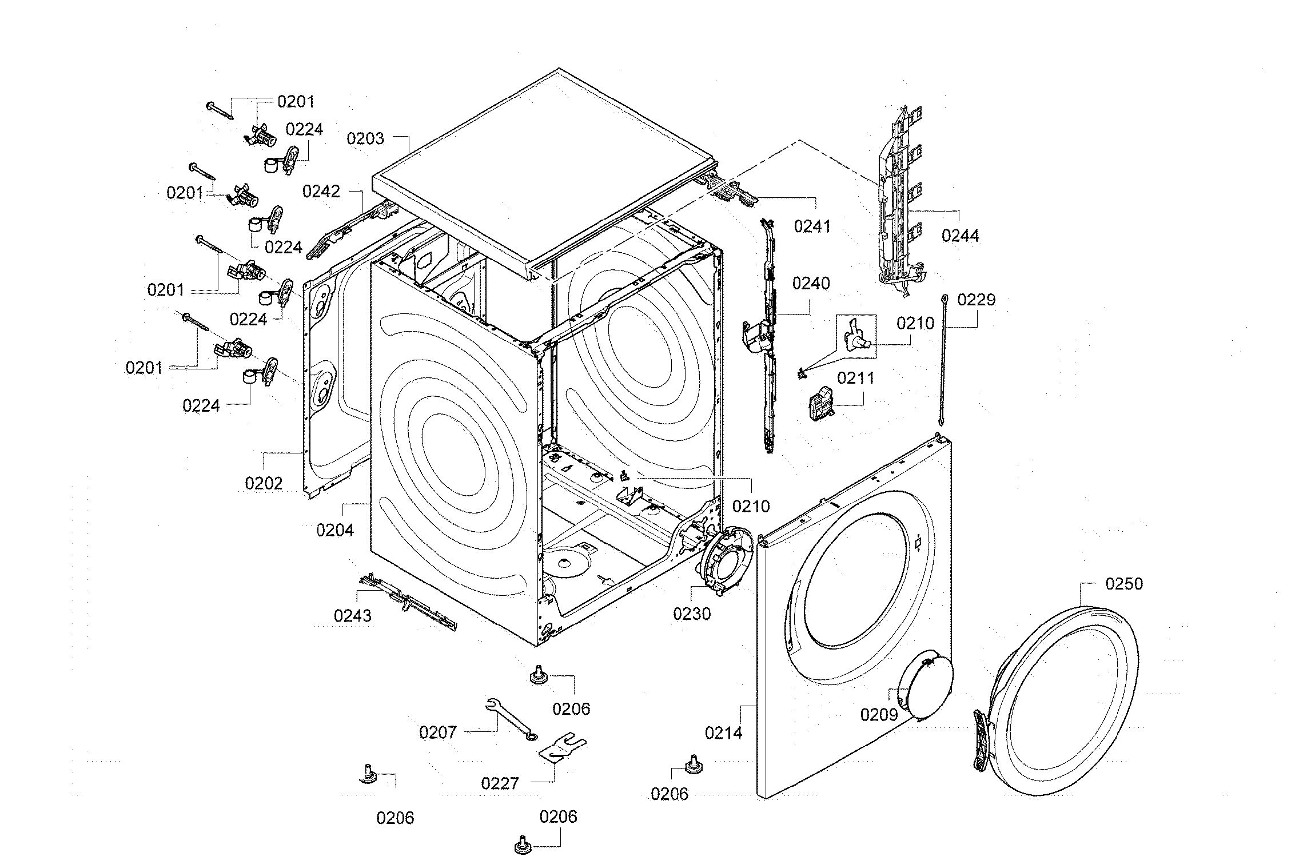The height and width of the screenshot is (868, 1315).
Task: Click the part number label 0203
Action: click(365, 138)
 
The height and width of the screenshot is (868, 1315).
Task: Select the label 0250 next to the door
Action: click(1124, 584)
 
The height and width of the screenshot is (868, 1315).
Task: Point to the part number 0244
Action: click(961, 235)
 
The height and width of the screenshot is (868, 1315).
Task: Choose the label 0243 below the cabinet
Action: click(353, 616)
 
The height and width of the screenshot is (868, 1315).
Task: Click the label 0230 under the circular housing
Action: click(692, 614)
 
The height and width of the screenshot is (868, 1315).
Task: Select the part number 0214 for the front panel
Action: click(723, 732)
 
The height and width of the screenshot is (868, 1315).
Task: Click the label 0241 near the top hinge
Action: click(812, 227)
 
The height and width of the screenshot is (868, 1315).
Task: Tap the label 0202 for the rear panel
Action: click(264, 484)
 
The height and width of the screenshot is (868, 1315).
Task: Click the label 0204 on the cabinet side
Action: click(335, 530)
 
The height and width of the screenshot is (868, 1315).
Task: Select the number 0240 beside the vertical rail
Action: click(811, 284)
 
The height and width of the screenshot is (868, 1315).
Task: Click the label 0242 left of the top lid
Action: click(321, 191)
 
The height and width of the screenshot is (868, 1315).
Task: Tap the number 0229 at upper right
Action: click(977, 300)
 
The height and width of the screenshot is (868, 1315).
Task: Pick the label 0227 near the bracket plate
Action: click(500, 783)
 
